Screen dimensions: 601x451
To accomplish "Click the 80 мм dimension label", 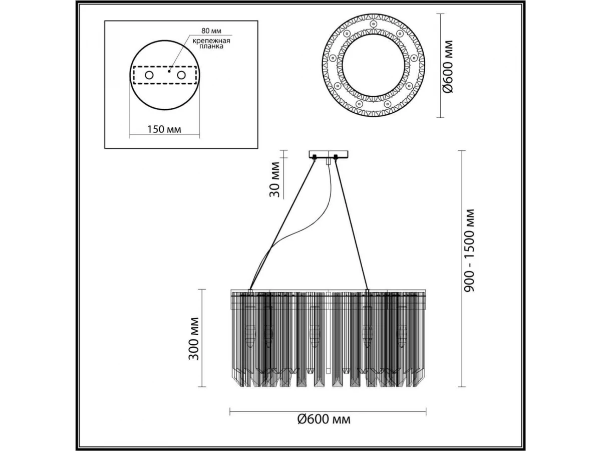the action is click(211, 31).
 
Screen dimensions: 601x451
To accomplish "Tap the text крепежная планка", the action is click(211, 44).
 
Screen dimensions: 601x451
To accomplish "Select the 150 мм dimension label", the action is click(164, 129).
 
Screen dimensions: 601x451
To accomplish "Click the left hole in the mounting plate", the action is click(149, 75).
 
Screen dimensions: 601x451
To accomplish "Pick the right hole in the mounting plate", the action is click(181, 75).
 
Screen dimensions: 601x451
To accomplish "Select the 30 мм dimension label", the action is click(274, 179).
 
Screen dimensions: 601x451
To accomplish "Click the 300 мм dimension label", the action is click(194, 339).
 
